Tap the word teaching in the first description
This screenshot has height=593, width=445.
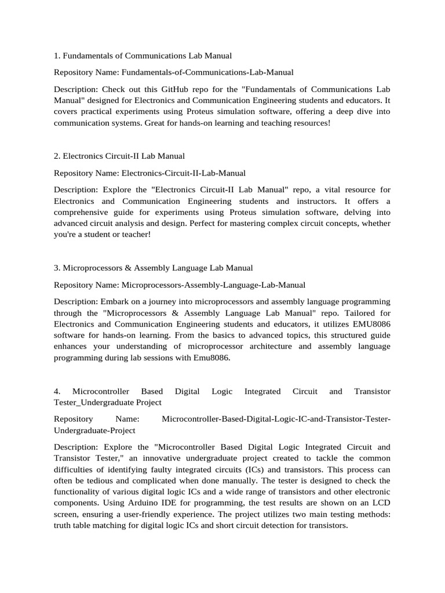click(264, 123)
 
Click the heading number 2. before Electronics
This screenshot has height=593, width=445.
click(57, 156)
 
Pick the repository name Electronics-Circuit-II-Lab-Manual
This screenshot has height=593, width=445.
click(184, 173)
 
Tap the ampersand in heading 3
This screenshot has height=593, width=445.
click(127, 268)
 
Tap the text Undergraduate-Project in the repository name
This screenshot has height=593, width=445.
click(94, 430)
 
